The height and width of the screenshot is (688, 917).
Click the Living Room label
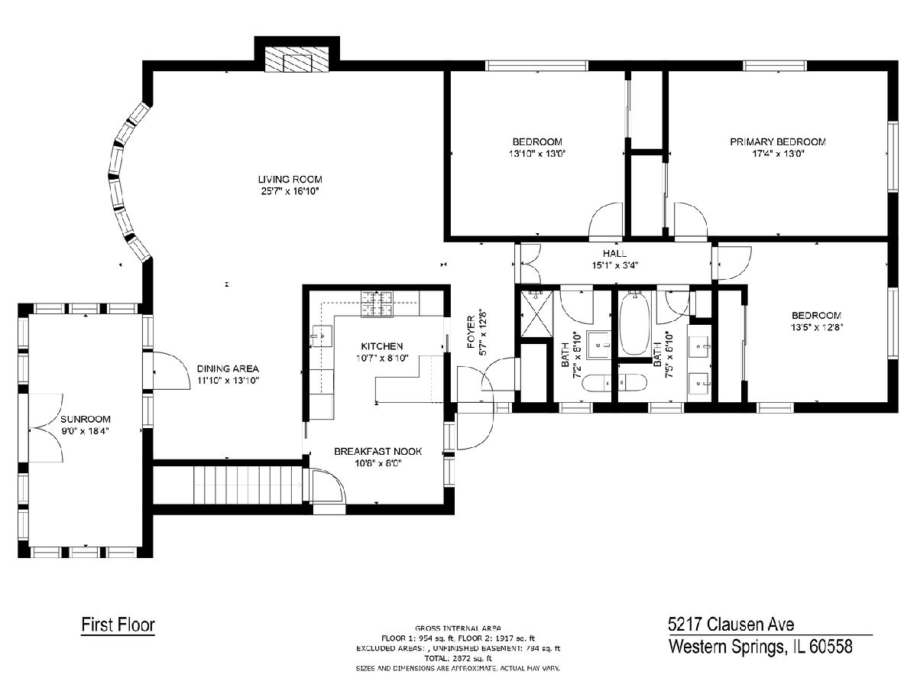pos(290,180)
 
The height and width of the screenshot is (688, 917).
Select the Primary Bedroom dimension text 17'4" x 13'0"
pos(778,154)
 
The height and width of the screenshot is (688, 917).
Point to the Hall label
pos(614,253)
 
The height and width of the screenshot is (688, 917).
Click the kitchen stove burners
pos(377,304)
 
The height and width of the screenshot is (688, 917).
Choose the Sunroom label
pos(86,419)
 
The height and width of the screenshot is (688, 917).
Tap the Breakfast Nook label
pos(377,451)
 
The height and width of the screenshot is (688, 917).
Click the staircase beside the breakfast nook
pos(248,485)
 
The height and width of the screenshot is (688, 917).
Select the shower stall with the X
pos(536,313)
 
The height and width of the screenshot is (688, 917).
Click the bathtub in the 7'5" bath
pos(634,323)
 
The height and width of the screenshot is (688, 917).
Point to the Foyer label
pos(471,332)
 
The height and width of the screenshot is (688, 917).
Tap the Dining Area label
pos(228,369)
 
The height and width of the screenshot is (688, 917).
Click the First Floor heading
pos(118,625)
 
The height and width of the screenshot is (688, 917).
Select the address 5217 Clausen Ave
pos(731,625)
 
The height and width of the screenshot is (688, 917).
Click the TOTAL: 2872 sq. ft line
pos(458,658)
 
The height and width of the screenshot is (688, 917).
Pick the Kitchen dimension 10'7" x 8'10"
pos(382,358)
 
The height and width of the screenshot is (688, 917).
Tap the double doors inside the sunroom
pos(46,428)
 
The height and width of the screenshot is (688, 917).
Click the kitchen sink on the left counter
pos(321,336)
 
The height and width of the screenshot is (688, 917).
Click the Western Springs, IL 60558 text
pos(760,646)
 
